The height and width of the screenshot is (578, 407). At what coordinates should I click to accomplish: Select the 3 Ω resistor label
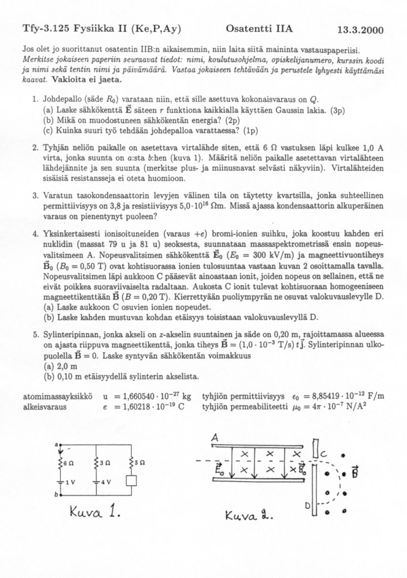coord(105,462)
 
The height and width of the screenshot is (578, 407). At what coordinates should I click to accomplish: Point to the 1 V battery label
coord(70,482)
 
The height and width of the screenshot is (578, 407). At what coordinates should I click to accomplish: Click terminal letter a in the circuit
coord(57,444)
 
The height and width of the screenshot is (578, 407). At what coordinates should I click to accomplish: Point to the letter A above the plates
coord(215,437)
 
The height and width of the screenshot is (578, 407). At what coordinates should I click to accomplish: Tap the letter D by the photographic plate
coord(308,506)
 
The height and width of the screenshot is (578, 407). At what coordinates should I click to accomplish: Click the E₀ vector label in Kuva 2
coord(219,469)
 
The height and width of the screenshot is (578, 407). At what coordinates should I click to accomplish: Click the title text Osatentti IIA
coord(259,28)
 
